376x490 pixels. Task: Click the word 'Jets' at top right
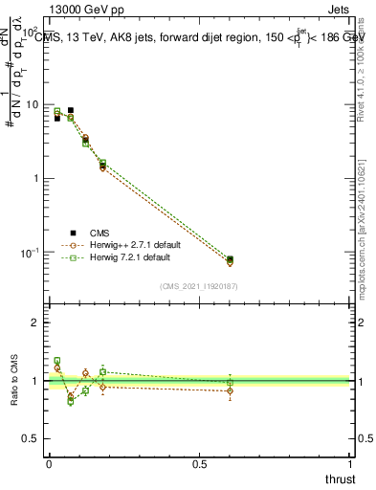point(339,11)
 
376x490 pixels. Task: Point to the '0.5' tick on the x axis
point(200,464)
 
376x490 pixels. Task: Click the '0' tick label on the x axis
point(48,464)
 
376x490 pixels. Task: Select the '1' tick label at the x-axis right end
point(351,464)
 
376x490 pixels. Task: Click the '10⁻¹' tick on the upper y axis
point(31,252)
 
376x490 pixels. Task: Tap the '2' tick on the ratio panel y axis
point(38,323)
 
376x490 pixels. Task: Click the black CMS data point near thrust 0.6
point(230,258)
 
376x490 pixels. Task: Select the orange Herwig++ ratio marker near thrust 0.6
point(230,390)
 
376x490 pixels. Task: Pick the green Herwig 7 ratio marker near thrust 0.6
point(230,382)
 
